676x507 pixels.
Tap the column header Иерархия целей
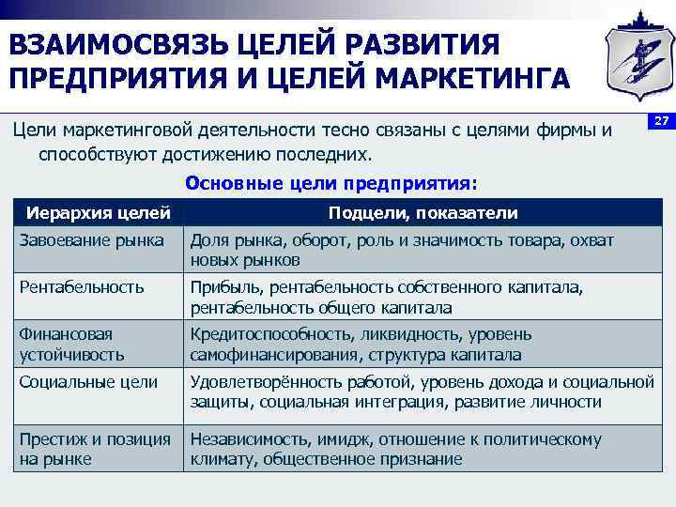pyautogui.click(x=98, y=212)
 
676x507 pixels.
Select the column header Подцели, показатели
pyautogui.click(x=422, y=213)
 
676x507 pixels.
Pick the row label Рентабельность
pyautogui.click(x=82, y=287)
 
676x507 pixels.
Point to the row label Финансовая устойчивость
pyautogui.click(x=66, y=344)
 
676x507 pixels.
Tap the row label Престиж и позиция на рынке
pyautogui.click(x=95, y=448)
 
